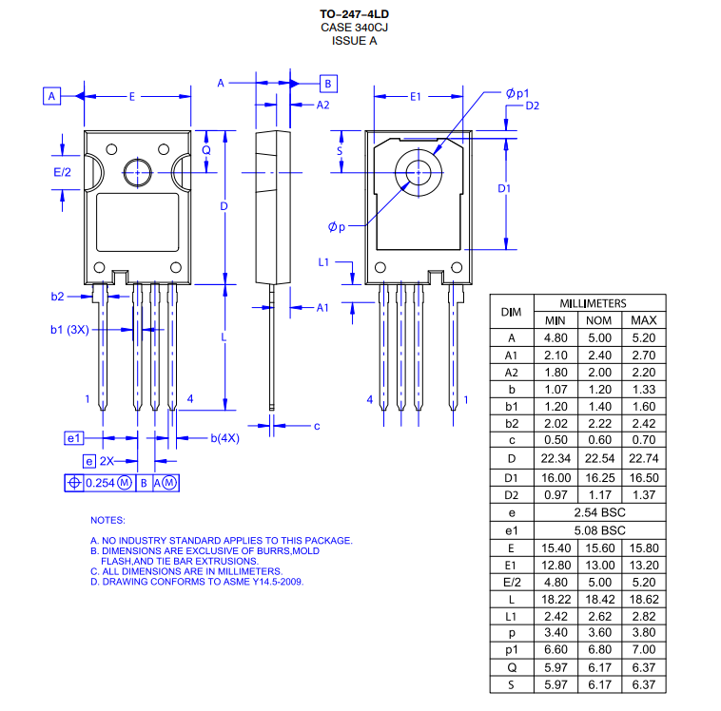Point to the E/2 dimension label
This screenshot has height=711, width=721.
[62, 172]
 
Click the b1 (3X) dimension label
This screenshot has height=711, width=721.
[69, 330]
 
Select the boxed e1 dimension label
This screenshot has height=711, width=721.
[74, 438]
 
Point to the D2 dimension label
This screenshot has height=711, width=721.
[532, 106]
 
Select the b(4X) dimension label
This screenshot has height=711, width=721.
[224, 438]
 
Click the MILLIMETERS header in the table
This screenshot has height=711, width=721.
[593, 303]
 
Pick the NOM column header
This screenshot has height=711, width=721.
[599, 320]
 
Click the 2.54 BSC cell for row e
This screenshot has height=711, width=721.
[599, 512]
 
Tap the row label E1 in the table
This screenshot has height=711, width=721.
[512, 565]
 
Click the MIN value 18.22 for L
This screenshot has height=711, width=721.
[555, 600]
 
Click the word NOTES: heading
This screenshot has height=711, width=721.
[107, 520]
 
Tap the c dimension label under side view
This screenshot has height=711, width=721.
[316, 426]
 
